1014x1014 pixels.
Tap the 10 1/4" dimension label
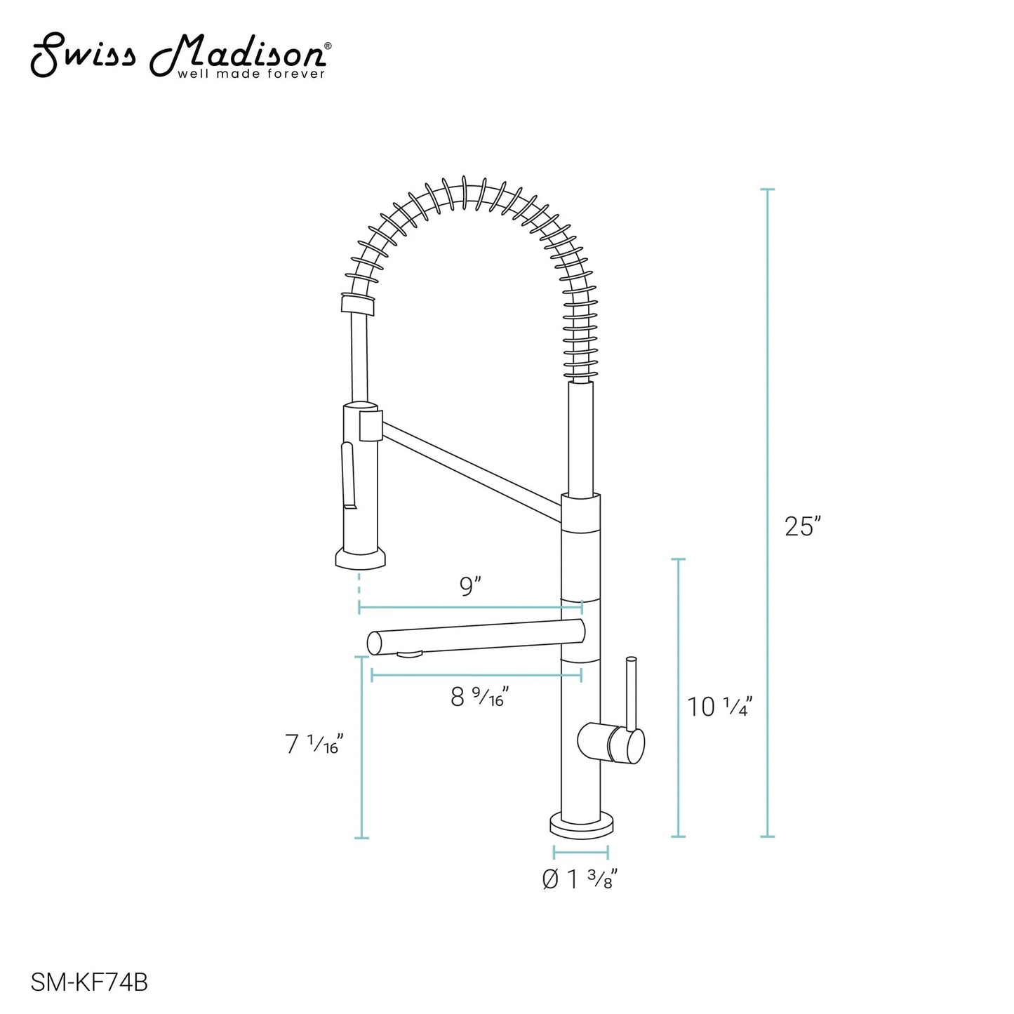click(x=720, y=706)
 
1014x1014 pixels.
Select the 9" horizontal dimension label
click(x=470, y=586)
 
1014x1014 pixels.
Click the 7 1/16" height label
click(x=314, y=744)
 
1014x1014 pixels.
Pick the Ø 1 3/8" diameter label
click(x=580, y=879)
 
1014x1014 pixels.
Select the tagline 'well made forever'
click(x=251, y=74)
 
